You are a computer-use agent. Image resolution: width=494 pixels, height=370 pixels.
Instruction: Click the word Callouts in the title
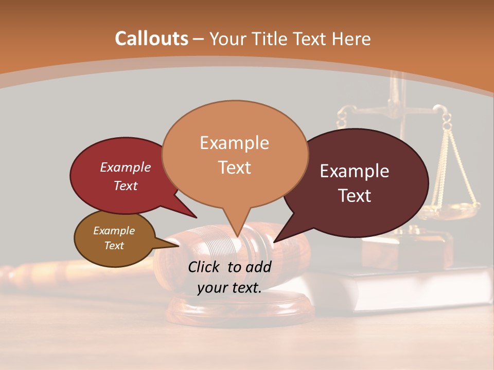point(151,39)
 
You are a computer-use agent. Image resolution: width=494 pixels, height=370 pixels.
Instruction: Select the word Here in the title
point(351,39)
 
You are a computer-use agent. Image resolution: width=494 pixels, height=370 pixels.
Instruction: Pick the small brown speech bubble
point(114,238)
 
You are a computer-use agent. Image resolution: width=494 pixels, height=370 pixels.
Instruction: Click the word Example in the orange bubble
point(235,142)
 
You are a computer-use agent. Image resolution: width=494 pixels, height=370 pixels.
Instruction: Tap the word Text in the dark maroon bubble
point(355,196)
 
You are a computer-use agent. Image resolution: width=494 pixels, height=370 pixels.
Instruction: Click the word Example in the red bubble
point(125,167)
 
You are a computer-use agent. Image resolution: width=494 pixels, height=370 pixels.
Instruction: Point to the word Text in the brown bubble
point(114,246)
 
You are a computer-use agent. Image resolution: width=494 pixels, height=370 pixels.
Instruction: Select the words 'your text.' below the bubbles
point(230,288)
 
